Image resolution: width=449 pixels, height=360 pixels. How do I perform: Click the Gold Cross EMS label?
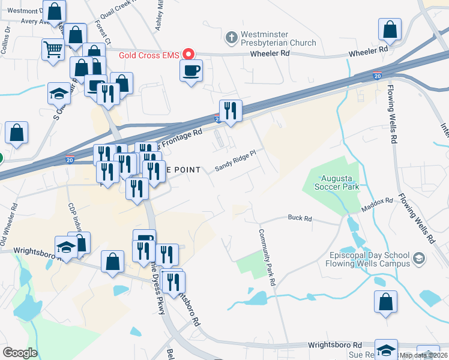tap(148, 55)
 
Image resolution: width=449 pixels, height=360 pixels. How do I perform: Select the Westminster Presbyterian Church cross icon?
tap(231, 38)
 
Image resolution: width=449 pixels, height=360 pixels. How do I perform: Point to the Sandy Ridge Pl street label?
tap(236, 160)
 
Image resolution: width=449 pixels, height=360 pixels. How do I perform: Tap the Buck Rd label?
tap(300, 218)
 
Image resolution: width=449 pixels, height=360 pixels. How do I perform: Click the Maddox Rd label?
tap(377, 205)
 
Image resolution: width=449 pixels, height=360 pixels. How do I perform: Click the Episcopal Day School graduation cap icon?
tap(419, 259)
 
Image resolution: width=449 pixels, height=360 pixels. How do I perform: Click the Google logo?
tap(20, 353)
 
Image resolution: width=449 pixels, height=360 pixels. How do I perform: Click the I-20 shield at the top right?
tap(376, 76)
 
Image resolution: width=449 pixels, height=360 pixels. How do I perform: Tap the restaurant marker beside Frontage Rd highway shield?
tap(231, 110)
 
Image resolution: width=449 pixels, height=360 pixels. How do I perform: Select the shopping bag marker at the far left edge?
tap(17, 133)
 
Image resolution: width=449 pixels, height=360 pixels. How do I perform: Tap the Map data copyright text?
tap(424, 355)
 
